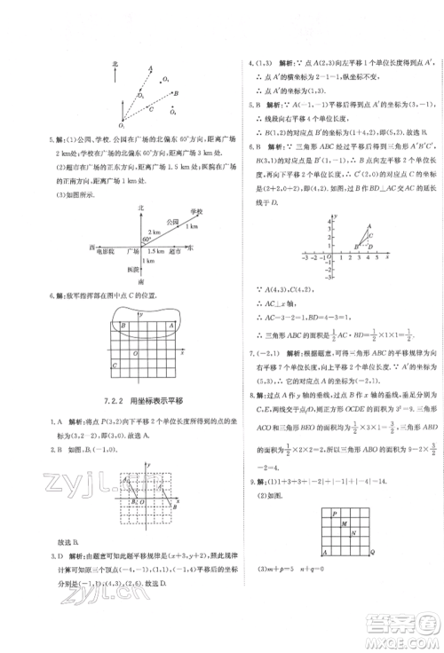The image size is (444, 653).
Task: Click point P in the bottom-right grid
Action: pos(334,514)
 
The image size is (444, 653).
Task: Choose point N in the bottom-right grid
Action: pos(354,534)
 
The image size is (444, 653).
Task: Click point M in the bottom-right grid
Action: pos(344,524)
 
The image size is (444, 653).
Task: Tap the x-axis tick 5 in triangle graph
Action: pos(377,256)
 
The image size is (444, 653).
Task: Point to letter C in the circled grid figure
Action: pos(114,366)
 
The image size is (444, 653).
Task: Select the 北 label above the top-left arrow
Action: pos(115,65)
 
